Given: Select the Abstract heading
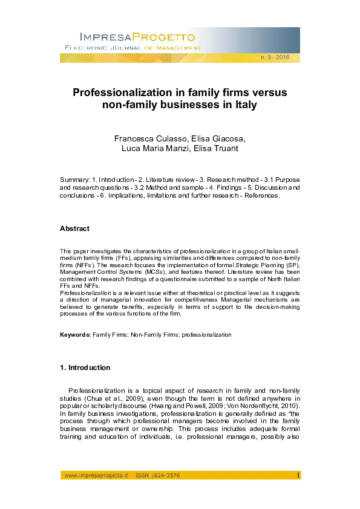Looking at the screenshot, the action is (x=74, y=229).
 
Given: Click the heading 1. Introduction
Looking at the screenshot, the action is (x=85, y=368).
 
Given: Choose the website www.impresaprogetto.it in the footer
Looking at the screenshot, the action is (x=96, y=476).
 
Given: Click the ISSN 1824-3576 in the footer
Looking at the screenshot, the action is (x=157, y=476).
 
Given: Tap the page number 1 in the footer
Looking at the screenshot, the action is (x=298, y=476).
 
